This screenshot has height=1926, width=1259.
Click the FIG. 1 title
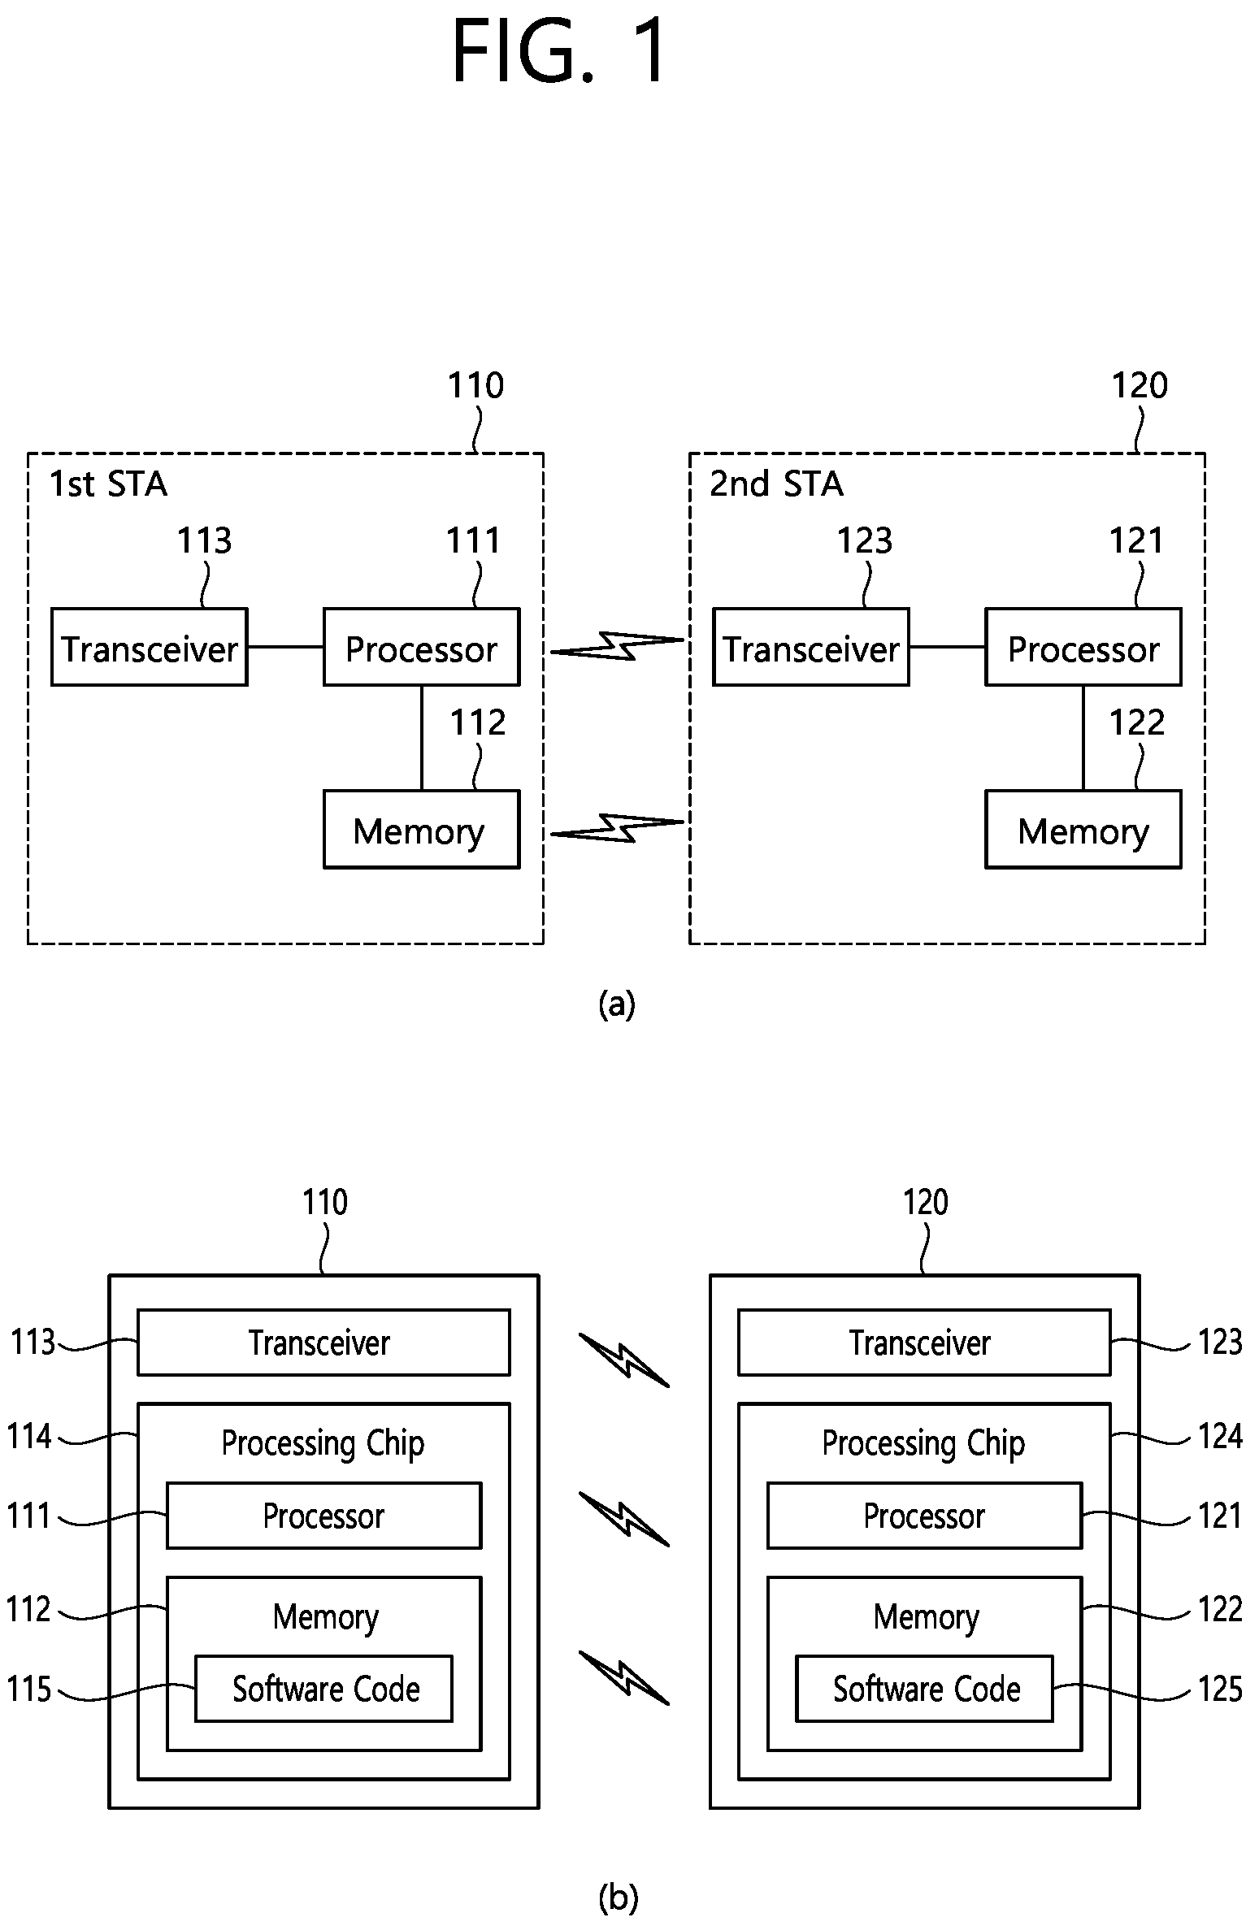tap(559, 52)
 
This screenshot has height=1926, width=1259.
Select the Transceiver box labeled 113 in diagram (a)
tap(150, 647)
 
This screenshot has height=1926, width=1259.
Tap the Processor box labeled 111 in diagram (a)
tap(421, 647)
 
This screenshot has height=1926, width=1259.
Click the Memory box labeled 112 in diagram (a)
tap(421, 829)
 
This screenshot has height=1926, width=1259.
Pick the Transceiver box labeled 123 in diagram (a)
tap(811, 647)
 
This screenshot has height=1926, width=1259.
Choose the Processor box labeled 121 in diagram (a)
tap(1083, 647)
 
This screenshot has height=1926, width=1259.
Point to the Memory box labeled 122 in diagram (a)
tap(1083, 829)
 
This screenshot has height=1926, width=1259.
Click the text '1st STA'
tap(108, 484)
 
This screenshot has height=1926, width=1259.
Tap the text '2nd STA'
tap(776, 484)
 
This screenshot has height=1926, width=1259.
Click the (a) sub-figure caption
tap(616, 1004)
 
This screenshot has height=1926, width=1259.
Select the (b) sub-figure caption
tap(618, 1898)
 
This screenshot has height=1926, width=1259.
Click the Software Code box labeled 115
tap(323, 1689)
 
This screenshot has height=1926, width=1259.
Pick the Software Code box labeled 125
tap(924, 1689)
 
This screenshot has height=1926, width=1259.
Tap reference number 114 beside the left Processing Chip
tap(29, 1437)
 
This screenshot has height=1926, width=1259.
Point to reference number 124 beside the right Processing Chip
tap(1220, 1437)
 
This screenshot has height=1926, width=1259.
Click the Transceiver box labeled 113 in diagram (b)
tap(323, 1343)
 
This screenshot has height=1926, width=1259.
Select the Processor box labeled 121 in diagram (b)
tap(924, 1516)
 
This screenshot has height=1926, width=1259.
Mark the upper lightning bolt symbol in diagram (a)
tap(618, 645)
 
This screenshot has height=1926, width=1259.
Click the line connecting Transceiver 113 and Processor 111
tap(285, 647)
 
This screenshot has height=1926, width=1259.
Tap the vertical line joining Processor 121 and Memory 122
tap(1083, 738)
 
